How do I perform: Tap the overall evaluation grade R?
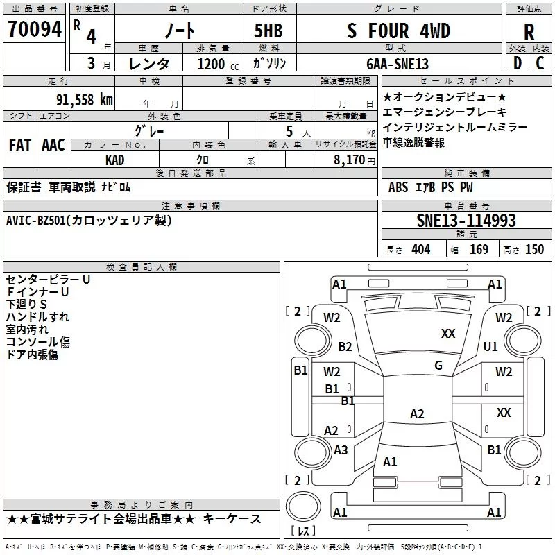pyautogui.click(x=529, y=31)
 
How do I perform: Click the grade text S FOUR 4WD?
pyautogui.click(x=398, y=31)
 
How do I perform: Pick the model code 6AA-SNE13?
pyautogui.click(x=398, y=64)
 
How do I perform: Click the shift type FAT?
pyautogui.click(x=19, y=144)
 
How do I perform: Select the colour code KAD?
pyautogui.click(x=114, y=160)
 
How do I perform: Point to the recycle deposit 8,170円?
pyautogui.click(x=352, y=160)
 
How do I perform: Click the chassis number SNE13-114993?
pyautogui.click(x=466, y=221)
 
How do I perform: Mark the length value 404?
pyautogui.click(x=420, y=249)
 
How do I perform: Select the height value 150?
pyautogui.click(x=534, y=249)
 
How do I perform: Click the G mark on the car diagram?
pyautogui.click(x=438, y=366)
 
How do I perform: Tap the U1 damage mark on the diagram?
pyautogui.click(x=490, y=346)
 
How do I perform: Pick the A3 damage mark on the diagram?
pyautogui.click(x=341, y=450)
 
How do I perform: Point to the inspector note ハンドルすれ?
pyautogui.click(x=37, y=317)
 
